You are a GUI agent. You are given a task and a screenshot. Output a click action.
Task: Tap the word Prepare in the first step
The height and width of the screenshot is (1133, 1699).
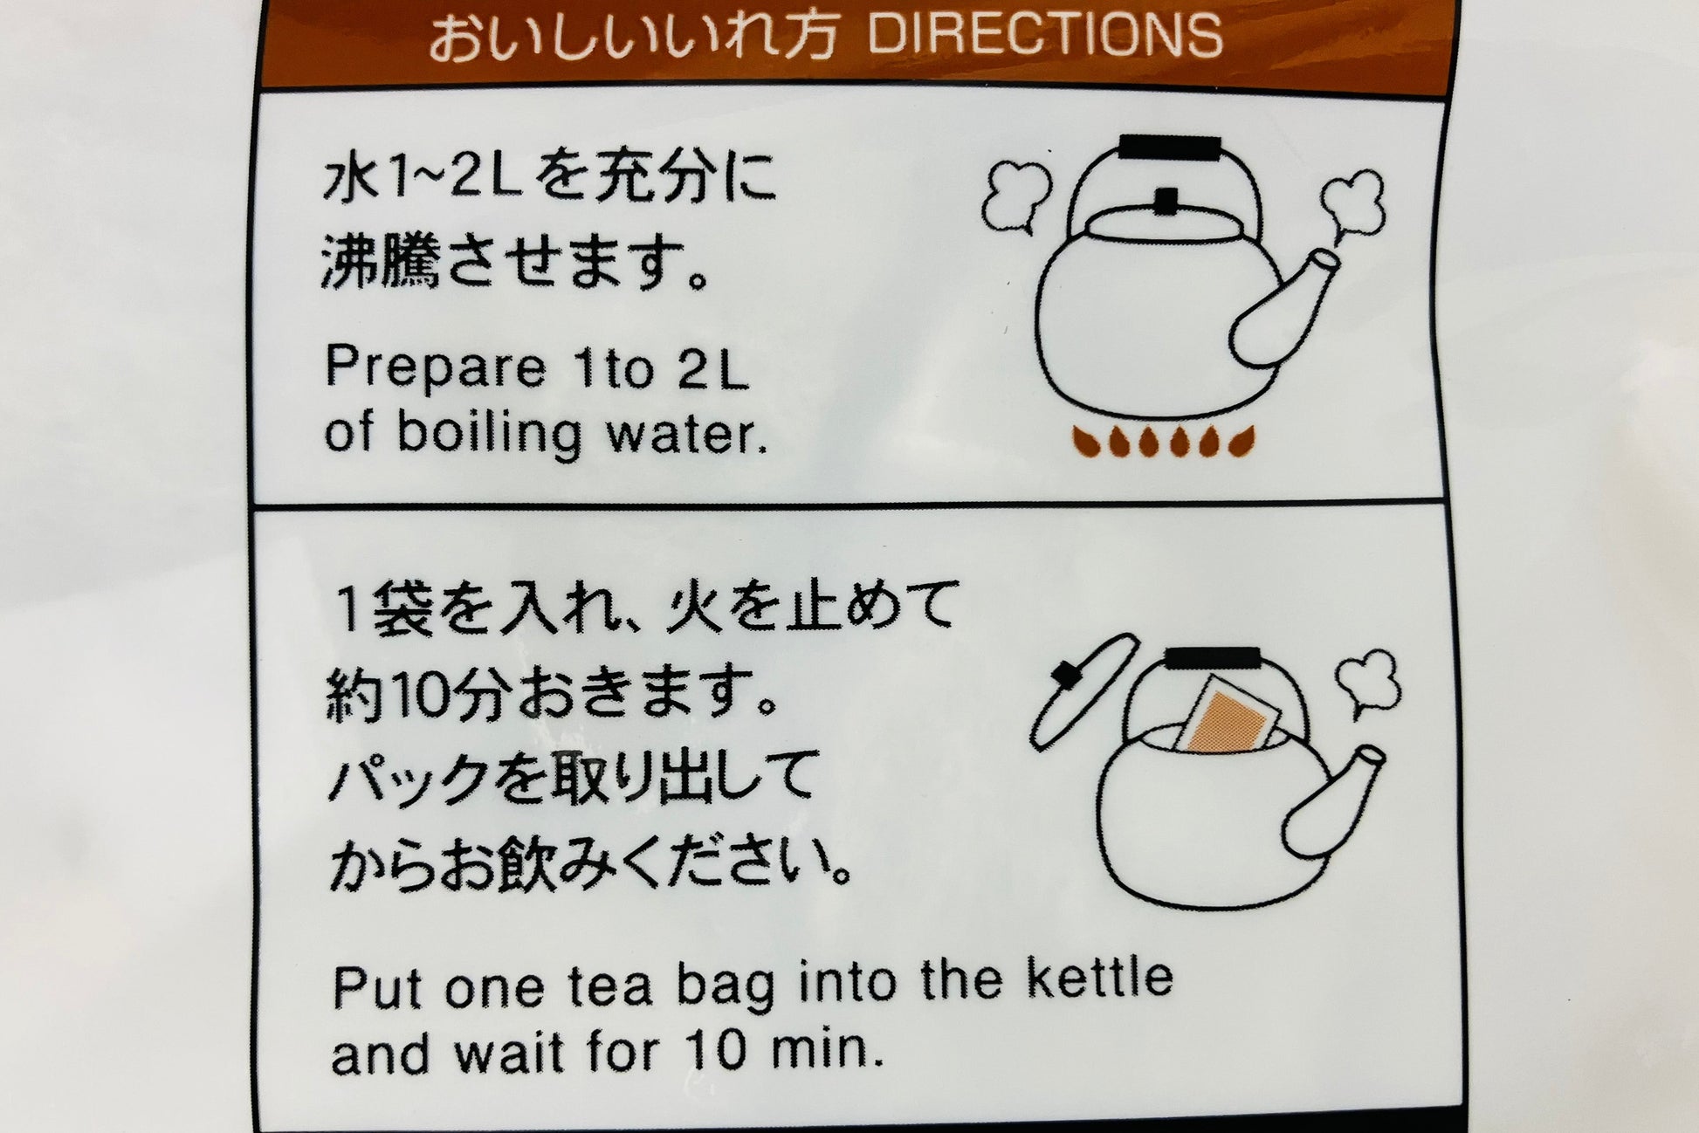click(435, 369)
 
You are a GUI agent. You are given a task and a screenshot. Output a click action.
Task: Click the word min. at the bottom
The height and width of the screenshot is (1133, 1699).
click(827, 1051)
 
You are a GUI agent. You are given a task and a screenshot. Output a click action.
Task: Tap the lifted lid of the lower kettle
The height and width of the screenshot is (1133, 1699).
click(1082, 690)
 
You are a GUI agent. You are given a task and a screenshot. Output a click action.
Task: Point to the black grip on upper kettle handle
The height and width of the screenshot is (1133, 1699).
click(1169, 147)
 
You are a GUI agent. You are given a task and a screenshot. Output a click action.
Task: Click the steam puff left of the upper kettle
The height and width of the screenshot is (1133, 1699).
click(1015, 198)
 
